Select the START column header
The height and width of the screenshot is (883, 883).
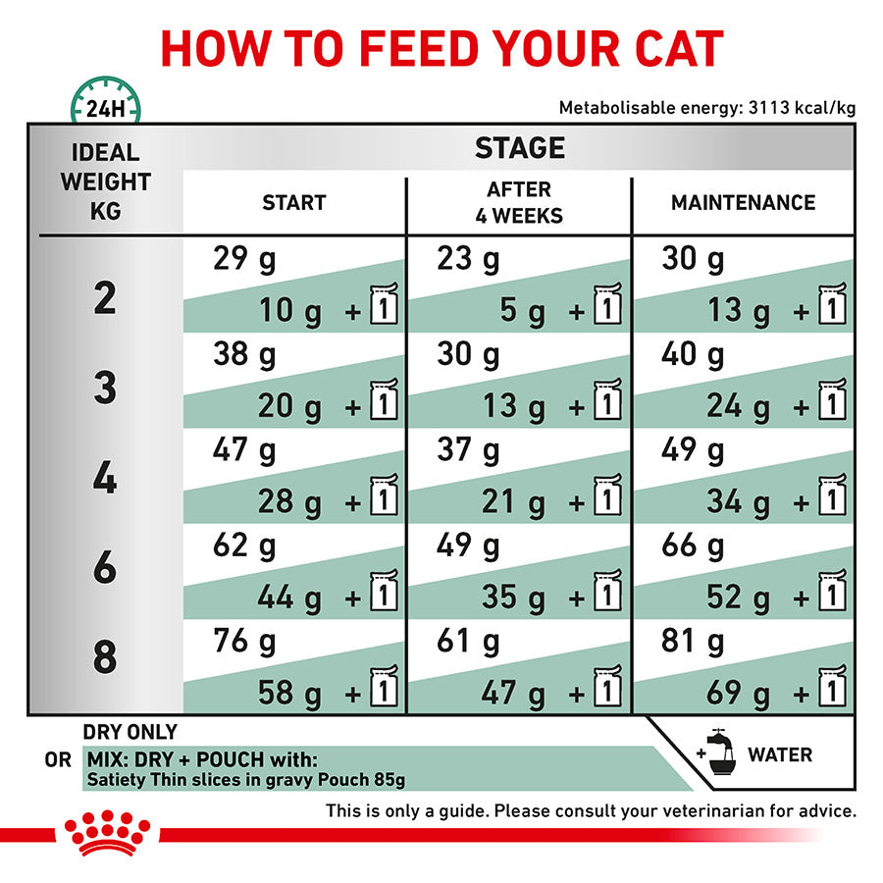click(x=293, y=203)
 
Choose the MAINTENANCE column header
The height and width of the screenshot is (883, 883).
click(x=743, y=203)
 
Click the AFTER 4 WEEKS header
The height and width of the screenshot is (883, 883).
click(x=519, y=202)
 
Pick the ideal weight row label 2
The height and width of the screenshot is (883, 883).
click(x=105, y=298)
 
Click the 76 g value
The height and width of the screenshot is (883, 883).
click(x=244, y=642)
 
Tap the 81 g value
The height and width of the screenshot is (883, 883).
click(x=693, y=642)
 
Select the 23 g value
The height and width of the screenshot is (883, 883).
click(x=468, y=260)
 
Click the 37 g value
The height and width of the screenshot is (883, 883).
click(x=468, y=450)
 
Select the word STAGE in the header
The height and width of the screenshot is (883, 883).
click(x=520, y=148)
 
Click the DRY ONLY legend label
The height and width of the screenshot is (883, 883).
click(x=130, y=732)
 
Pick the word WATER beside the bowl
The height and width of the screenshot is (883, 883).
click(x=780, y=754)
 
